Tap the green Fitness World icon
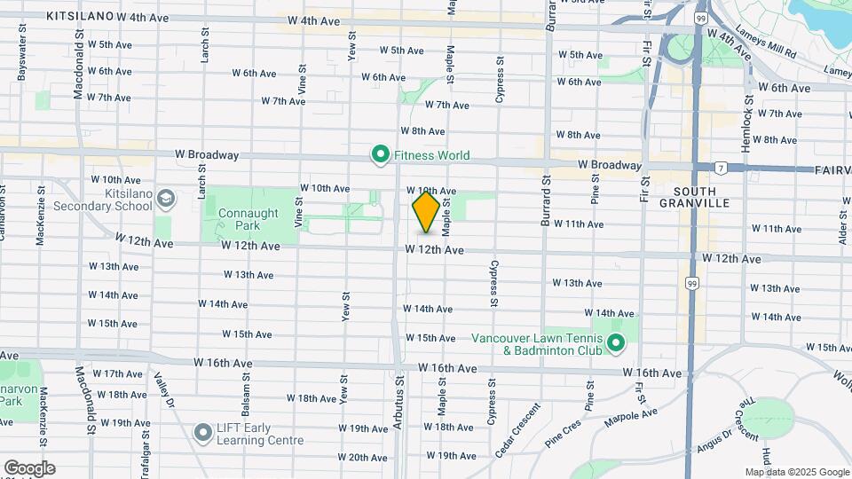click(381, 156)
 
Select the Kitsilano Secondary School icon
click(165, 198)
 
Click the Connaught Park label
click(246, 219)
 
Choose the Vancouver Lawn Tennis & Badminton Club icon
click(616, 344)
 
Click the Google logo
click(29, 468)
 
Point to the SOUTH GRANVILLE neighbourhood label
click(700, 197)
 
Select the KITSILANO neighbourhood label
click(80, 17)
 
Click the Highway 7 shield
click(722, 167)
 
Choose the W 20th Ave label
click(363, 458)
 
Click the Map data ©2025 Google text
click(797, 472)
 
